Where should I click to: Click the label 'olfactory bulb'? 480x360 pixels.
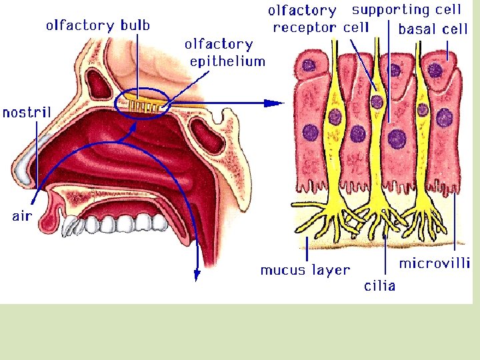(98, 26)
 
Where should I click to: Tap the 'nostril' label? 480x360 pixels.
(27, 112)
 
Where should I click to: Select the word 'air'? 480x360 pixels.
(22, 215)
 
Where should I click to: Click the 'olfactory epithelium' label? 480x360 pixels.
(225, 53)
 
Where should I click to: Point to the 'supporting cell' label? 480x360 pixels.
(406, 10)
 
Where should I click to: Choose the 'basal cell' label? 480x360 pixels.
(433, 30)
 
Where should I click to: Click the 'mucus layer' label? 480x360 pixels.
(305, 270)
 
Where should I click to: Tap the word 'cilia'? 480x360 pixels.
(379, 286)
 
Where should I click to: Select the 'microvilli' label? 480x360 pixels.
(435, 263)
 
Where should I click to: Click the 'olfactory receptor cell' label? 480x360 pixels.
(320, 19)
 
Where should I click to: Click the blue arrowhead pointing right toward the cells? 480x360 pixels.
(275, 103)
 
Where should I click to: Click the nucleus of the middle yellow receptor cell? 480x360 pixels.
(377, 102)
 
